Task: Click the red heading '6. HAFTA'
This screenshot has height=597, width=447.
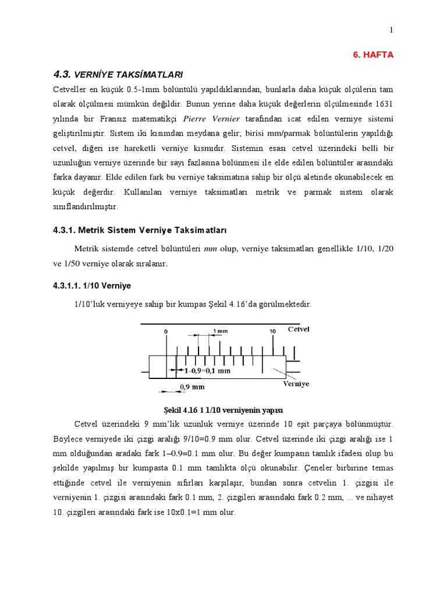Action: click(373, 54)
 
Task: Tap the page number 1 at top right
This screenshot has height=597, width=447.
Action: click(392, 30)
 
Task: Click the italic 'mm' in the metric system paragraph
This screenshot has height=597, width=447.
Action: click(210, 249)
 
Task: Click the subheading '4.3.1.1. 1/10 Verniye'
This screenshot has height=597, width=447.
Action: click(93, 286)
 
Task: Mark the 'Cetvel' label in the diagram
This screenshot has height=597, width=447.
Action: click(299, 329)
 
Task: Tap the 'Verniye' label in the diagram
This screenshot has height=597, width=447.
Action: click(296, 384)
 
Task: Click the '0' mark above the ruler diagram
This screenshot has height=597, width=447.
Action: click(166, 331)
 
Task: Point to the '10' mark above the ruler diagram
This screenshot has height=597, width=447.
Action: click(272, 331)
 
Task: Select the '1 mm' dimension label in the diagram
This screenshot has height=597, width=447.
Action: click(221, 331)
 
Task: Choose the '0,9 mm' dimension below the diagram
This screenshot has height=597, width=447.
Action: click(193, 386)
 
